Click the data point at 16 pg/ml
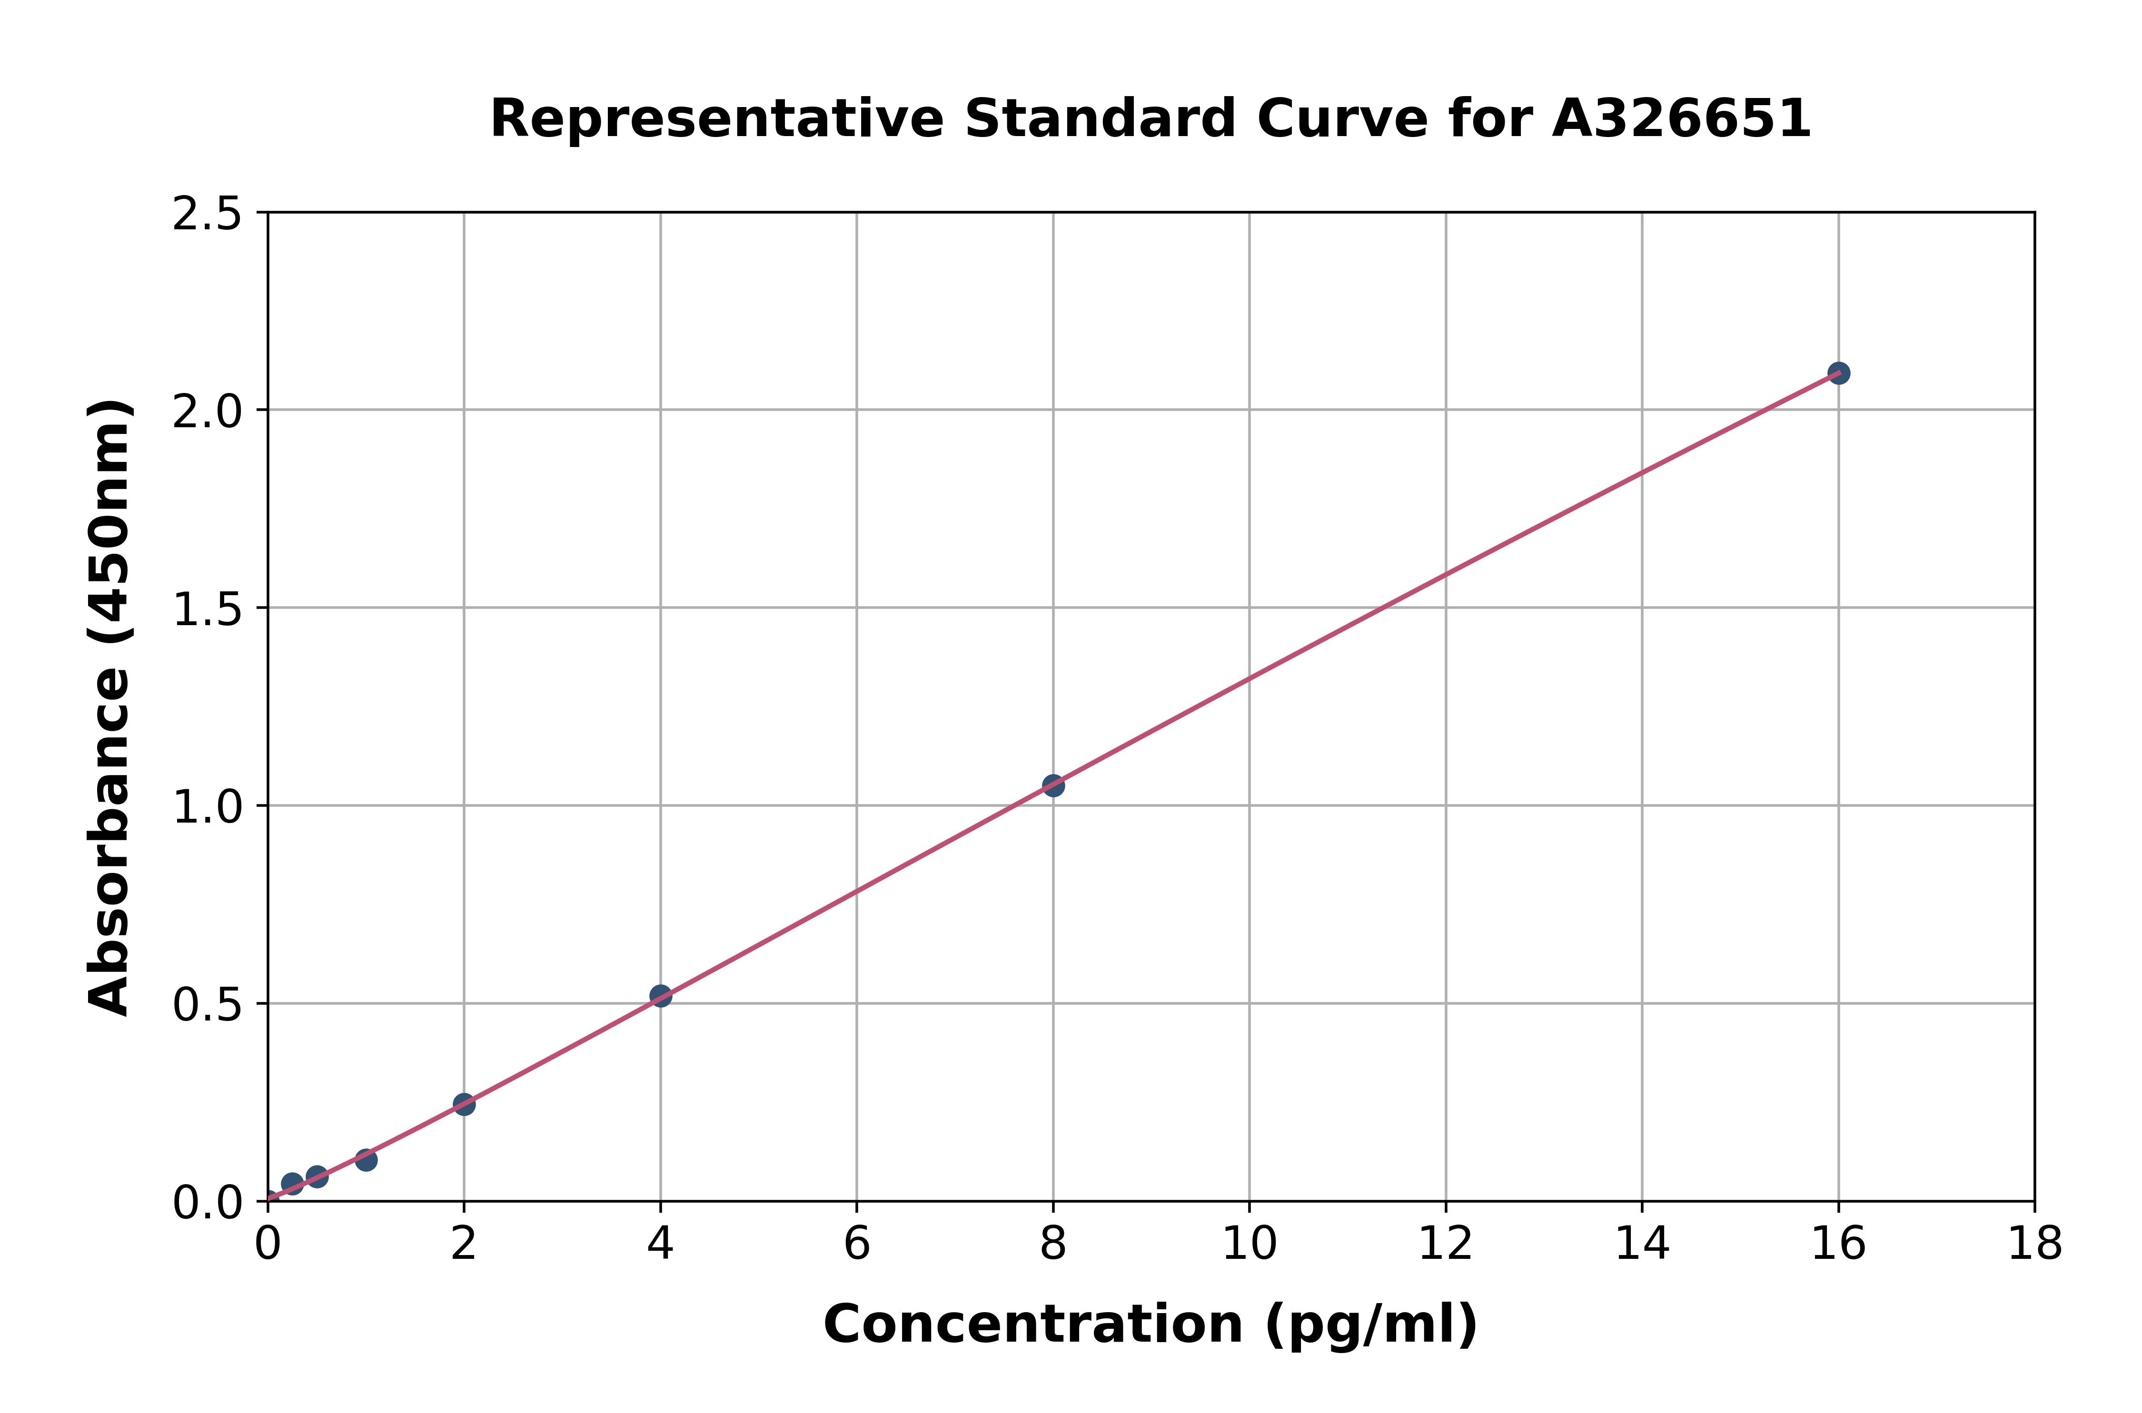point(1838,373)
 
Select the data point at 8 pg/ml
point(1053,786)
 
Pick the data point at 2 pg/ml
point(464,1104)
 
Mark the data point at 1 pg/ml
point(366,1160)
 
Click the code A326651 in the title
point(1681,119)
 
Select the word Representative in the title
point(717,119)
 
